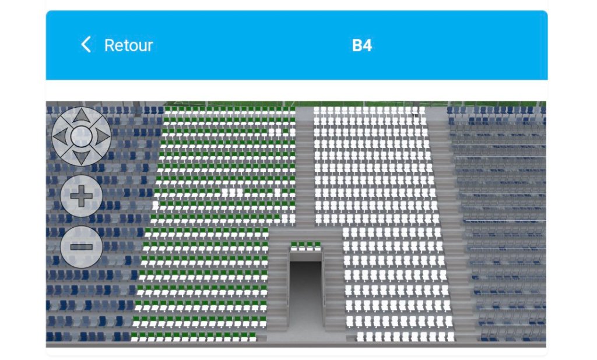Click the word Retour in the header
click(128, 45)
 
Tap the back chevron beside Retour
click(86, 44)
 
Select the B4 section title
click(361, 45)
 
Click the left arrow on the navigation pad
click(60, 136)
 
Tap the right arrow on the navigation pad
click(102, 136)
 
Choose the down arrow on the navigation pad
click(81, 157)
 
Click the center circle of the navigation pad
click(81, 136)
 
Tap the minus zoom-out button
click(82, 247)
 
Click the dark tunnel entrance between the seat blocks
click(305, 293)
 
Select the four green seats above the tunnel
click(305, 246)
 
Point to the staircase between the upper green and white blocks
click(304, 167)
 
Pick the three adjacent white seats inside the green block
click(230, 192)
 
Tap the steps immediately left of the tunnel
click(278, 285)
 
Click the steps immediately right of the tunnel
click(334, 285)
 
